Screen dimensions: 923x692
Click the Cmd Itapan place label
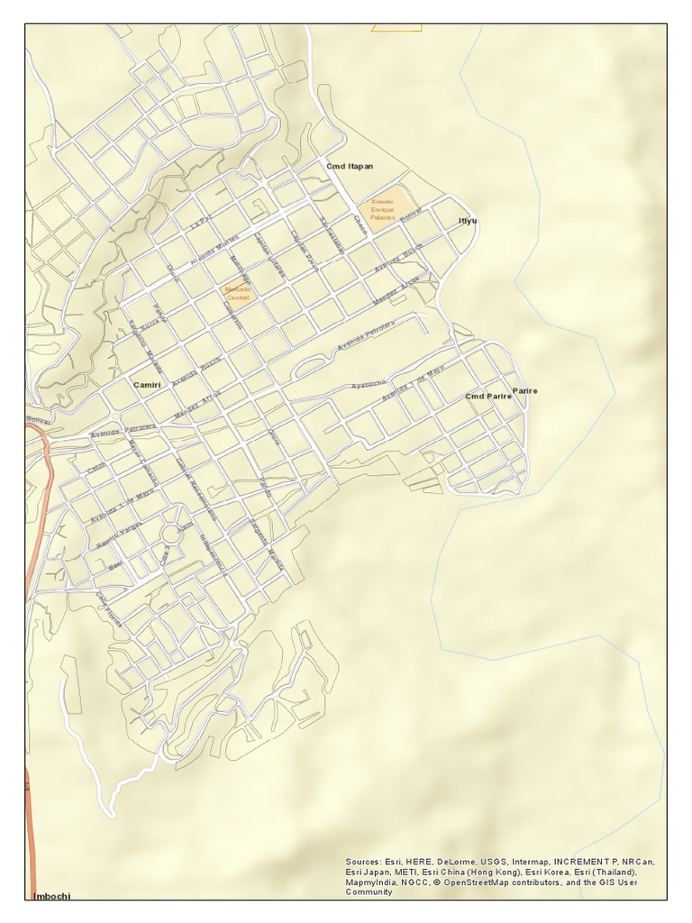tap(350, 167)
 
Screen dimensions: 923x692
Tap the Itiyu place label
tap(467, 221)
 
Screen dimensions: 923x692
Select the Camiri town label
tap(146, 385)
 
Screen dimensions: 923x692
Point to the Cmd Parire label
tap(487, 397)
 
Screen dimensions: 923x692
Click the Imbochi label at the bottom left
tap(51, 896)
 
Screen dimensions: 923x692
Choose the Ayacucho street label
tap(369, 385)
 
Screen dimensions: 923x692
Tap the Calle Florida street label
tap(108, 609)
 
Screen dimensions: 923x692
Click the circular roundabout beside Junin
tap(170, 535)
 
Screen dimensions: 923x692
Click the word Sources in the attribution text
tap(364, 863)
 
